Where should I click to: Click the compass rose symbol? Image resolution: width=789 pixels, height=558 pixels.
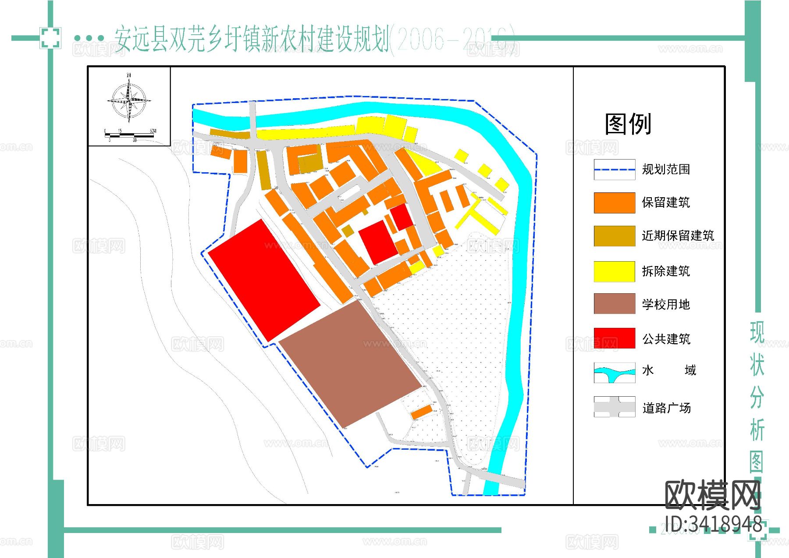tap(129, 100)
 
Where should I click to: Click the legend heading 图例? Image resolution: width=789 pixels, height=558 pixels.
tap(628, 124)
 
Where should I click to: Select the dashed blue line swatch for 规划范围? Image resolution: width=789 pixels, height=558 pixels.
tap(614, 170)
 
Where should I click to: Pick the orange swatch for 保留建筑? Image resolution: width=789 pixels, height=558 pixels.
tap(614, 203)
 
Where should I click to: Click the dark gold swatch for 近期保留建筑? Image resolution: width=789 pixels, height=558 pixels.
tap(614, 236)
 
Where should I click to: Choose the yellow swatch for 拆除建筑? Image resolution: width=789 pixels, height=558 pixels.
tap(614, 271)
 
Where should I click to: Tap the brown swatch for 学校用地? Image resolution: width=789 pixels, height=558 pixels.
tap(614, 304)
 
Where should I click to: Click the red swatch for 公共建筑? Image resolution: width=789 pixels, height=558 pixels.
tap(614, 338)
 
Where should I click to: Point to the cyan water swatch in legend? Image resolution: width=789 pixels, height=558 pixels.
tap(614, 373)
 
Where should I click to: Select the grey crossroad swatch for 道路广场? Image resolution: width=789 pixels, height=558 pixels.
tap(614, 407)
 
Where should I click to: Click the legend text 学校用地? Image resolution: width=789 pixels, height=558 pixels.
tap(666, 304)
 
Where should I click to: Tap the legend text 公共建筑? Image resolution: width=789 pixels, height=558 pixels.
tap(666, 338)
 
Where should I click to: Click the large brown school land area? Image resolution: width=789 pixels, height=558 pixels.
tap(350, 363)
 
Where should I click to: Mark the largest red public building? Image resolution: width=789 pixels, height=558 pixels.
tap(263, 280)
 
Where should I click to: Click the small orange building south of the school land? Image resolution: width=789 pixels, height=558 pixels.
tap(422, 412)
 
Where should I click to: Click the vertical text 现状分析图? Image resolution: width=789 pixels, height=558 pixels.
tap(757, 397)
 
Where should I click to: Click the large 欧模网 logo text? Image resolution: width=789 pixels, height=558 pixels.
tap(712, 495)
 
